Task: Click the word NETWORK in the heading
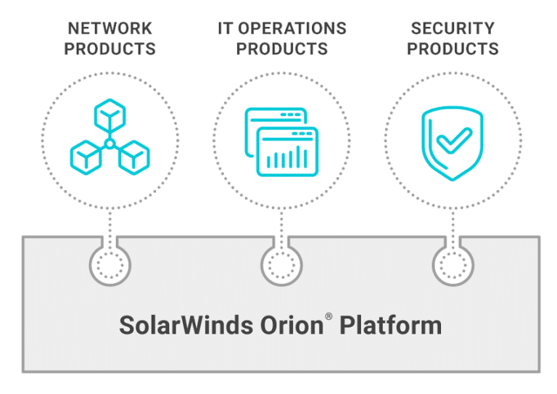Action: point(110,28)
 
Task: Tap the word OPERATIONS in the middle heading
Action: point(292,28)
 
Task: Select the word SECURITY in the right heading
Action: point(453,28)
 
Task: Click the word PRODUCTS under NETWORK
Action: point(110,49)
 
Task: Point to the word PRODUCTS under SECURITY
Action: point(453,49)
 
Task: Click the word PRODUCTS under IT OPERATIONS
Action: point(282,49)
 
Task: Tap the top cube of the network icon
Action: point(110,116)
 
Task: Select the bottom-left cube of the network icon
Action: point(86,157)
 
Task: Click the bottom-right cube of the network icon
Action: point(134,157)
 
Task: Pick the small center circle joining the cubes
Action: point(110,144)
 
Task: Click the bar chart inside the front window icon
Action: point(287,157)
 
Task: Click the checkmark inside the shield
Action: point(454,140)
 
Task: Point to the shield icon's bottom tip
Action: point(453,180)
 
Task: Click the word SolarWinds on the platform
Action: point(186,325)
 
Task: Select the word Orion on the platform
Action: point(292,325)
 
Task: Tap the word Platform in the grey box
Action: point(390,325)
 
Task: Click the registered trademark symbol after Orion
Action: point(329,316)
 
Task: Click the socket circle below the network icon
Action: point(110,266)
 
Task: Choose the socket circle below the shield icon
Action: point(453,266)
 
